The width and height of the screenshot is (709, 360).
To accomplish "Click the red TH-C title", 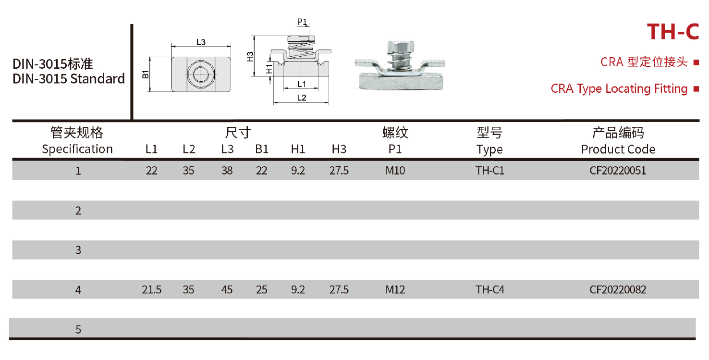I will click(x=672, y=32).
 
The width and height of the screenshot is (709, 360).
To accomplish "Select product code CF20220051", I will click(x=618, y=171).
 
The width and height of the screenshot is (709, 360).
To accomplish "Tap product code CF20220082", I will click(x=618, y=290).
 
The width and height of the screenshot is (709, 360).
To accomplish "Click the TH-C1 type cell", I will click(x=489, y=171).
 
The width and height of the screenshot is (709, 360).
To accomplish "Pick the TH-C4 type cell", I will click(x=489, y=290).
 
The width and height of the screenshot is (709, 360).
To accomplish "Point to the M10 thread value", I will click(x=395, y=171).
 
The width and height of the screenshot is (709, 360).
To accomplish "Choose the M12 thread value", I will click(x=395, y=290).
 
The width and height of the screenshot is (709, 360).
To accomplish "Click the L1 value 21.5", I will click(x=151, y=290).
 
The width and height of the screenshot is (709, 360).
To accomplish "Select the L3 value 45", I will click(x=227, y=290).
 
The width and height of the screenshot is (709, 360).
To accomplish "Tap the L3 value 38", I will click(x=227, y=171).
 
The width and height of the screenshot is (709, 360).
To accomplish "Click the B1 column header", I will click(x=262, y=149).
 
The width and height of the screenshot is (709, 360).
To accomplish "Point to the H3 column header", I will click(x=339, y=149).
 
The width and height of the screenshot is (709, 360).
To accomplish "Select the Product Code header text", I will click(x=618, y=149).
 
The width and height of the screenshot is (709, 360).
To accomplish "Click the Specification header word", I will click(x=77, y=149).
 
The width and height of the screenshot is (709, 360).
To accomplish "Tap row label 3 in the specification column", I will click(x=78, y=250).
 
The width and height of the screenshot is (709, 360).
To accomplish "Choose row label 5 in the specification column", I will click(x=78, y=330).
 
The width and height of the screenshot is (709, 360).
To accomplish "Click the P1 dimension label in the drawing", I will click(x=302, y=22).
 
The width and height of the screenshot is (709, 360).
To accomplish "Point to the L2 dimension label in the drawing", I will click(x=301, y=98).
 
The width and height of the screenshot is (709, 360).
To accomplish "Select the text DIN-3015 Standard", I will click(x=69, y=79).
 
